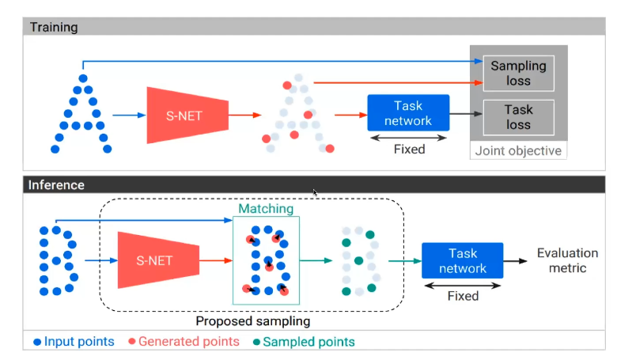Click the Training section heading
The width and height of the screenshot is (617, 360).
tap(54, 27)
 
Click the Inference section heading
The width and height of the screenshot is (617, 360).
tap(56, 185)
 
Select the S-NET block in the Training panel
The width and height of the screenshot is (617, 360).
tap(187, 116)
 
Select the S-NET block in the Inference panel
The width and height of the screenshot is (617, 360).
tap(158, 260)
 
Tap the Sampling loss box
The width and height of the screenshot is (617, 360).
tap(518, 73)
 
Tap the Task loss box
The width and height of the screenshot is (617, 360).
tap(518, 117)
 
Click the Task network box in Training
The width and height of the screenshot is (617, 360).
tap(408, 113)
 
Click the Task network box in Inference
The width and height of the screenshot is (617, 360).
tap(463, 260)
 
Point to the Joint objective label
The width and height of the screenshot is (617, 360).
tap(518, 150)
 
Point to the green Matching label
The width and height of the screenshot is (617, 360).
tap(266, 209)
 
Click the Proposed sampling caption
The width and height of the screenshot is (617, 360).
tap(253, 321)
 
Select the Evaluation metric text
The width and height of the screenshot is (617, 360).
tap(567, 260)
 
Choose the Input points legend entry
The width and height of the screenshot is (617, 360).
tap(74, 342)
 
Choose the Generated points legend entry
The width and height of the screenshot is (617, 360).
tap(184, 342)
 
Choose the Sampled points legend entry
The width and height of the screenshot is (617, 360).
tap(304, 342)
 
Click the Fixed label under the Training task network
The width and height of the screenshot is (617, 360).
tap(409, 149)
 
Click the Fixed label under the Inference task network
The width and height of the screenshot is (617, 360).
tap(463, 296)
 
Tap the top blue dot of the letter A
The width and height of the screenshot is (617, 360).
tap(83, 78)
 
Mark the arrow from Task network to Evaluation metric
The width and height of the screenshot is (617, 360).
tap(515, 261)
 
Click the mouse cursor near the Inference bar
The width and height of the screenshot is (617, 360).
tap(315, 192)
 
